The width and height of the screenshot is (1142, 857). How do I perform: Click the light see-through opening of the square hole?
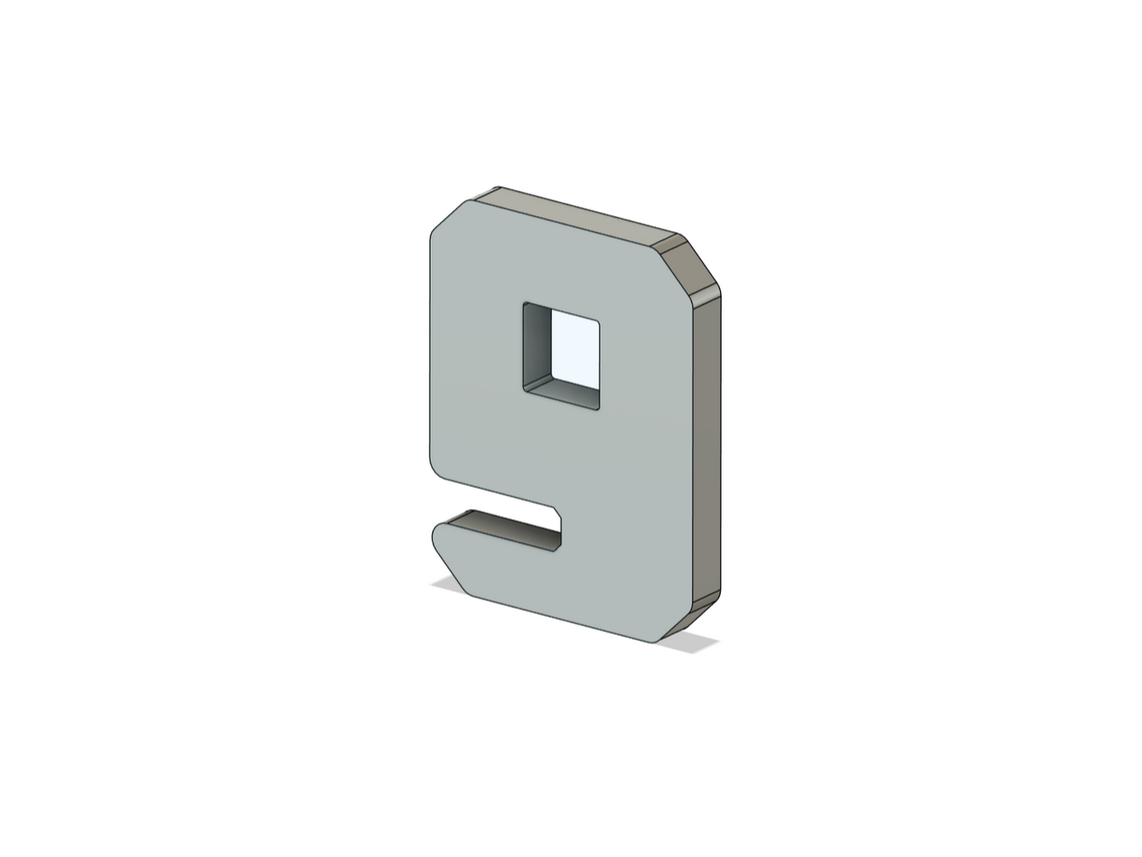point(575,349)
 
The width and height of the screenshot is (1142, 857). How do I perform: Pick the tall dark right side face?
point(707,447)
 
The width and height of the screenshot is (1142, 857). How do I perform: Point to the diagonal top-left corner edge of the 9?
point(447,214)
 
